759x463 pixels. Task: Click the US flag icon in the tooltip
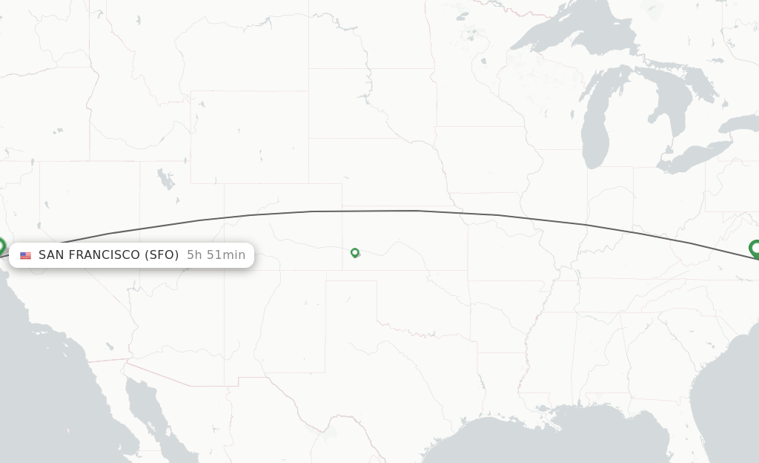pos(26,255)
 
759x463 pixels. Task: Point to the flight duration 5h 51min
pos(216,255)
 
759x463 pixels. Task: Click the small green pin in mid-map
pos(355,252)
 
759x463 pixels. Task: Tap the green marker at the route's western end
pos(1,246)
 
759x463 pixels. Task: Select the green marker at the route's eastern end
pos(755,248)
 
